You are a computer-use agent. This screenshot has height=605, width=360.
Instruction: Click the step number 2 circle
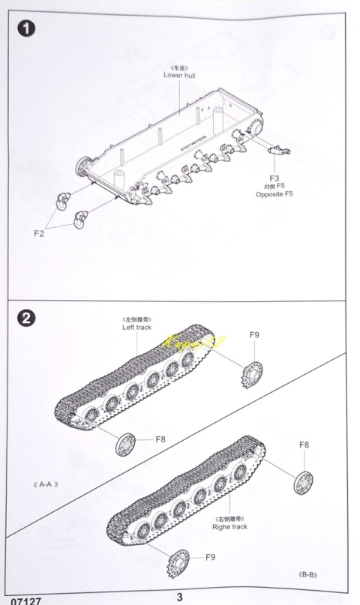click(27, 318)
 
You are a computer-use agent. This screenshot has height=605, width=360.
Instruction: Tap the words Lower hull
click(178, 76)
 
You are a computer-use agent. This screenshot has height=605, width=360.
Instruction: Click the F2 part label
click(40, 233)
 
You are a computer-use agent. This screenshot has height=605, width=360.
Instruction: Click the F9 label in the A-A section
click(254, 335)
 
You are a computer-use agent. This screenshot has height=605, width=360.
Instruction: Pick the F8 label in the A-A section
click(160, 439)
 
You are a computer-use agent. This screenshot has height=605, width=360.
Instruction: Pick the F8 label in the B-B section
click(304, 445)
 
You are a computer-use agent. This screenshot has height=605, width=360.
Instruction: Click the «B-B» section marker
click(308, 575)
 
